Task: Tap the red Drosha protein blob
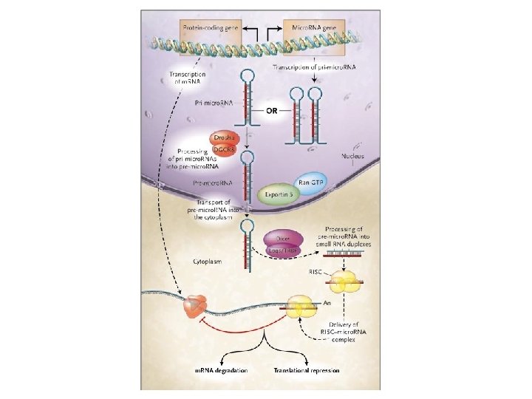point(223,138)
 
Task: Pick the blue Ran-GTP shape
point(310,182)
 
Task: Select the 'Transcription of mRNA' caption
point(187,78)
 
